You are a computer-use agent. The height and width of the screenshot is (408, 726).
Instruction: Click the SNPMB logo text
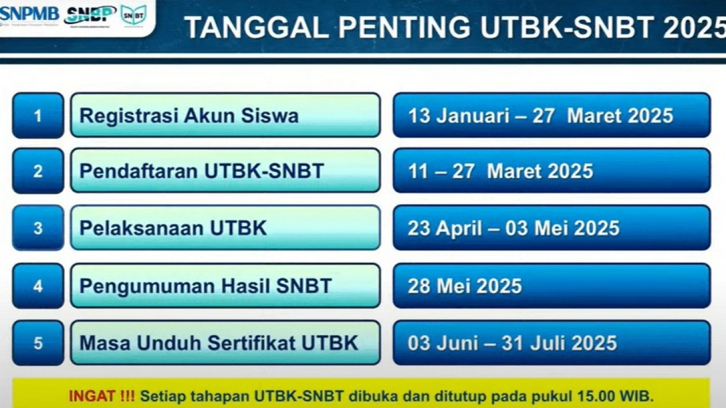pos(30,13)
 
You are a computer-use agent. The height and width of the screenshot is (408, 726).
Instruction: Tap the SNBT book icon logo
pos(133,15)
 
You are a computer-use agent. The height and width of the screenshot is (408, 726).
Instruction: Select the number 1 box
pos(38,115)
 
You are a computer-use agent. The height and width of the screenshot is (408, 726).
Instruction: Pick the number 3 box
pos(38,228)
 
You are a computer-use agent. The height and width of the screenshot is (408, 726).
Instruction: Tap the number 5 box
pos(38,343)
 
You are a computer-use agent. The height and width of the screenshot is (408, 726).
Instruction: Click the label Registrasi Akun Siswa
pos(189,116)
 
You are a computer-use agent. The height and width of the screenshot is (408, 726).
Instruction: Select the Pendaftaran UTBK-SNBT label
pos(201,171)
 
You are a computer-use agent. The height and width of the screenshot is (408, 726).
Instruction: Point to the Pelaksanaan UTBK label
pos(173,228)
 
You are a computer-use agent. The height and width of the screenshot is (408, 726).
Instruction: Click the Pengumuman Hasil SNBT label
pos(205,286)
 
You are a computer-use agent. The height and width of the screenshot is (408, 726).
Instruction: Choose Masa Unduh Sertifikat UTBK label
pos(219,343)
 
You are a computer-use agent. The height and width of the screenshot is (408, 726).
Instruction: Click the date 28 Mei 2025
pos(465,286)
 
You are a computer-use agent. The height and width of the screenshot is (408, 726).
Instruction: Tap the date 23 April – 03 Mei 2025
pos(514,228)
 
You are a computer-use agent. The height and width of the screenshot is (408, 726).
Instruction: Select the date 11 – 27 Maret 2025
pos(500,171)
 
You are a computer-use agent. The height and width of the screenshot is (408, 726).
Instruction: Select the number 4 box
pos(38,286)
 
